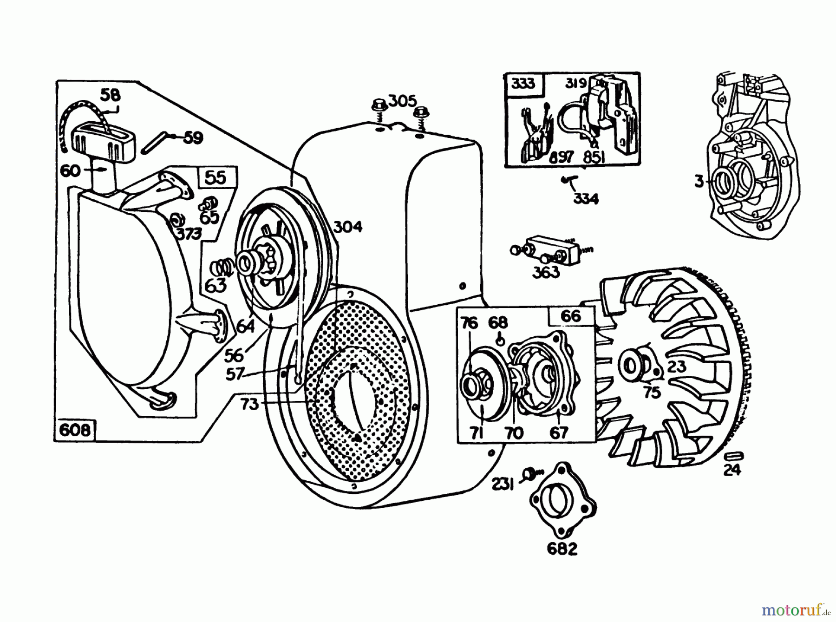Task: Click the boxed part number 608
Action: point(75,430)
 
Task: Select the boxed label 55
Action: point(216,178)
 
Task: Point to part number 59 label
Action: point(193,138)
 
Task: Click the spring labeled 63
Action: point(222,268)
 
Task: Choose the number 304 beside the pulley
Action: point(347,227)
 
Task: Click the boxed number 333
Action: point(523,84)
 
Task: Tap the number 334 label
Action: point(586,199)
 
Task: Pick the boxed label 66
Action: point(571,316)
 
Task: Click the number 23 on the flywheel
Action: point(676,367)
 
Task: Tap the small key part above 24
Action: point(734,454)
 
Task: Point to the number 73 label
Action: point(249,404)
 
